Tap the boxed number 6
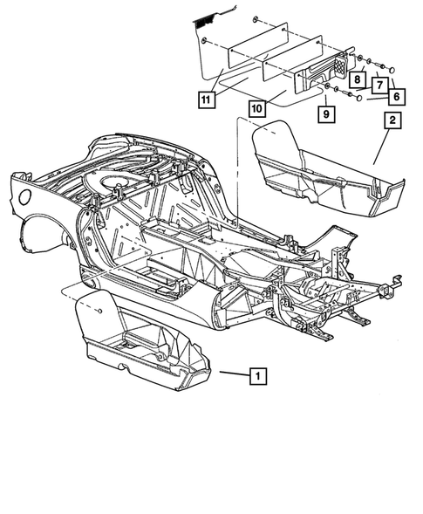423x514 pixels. pos(398,96)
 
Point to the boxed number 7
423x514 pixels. pos(378,86)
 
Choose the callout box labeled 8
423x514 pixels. pos(358,78)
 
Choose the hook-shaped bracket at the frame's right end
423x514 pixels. pos(398,281)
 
